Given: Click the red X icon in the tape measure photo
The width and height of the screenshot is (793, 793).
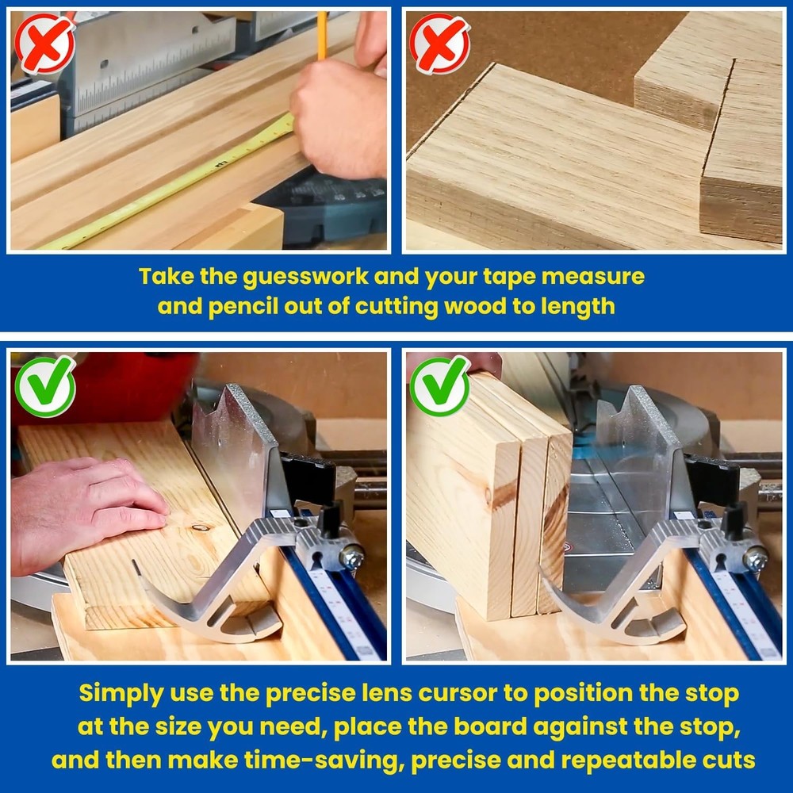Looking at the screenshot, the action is pyautogui.click(x=44, y=44).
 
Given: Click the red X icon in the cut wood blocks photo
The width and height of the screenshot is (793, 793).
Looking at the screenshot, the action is pyautogui.click(x=439, y=44).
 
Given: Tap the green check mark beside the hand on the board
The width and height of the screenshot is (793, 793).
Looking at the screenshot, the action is pyautogui.click(x=45, y=386).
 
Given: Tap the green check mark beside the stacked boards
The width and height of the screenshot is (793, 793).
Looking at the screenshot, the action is pyautogui.click(x=440, y=386).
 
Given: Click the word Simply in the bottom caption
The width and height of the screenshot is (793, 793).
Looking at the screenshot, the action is pyautogui.click(x=121, y=694).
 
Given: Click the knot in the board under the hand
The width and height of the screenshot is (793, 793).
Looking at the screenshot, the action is pyautogui.click(x=201, y=528).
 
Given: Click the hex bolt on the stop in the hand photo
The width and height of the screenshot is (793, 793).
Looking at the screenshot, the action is pyautogui.click(x=352, y=557).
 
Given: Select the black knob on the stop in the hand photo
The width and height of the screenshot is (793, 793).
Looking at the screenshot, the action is pyautogui.click(x=331, y=519).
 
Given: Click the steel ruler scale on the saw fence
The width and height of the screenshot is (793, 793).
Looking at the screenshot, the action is pyautogui.click(x=151, y=71).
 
